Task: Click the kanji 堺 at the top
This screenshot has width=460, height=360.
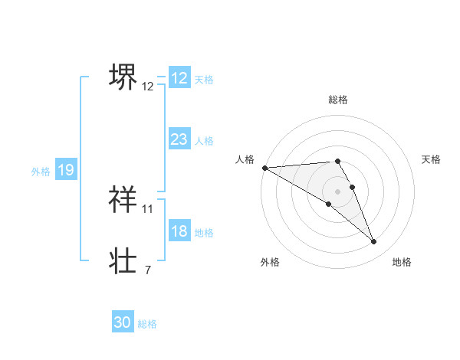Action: tap(123, 76)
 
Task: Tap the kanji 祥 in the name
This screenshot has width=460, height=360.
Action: tap(123, 198)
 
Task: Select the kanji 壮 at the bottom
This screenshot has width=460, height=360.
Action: tap(123, 260)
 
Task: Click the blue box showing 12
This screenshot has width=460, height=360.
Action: tap(179, 78)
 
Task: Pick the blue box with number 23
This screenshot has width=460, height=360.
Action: tap(179, 139)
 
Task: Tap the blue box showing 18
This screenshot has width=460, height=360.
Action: tap(179, 231)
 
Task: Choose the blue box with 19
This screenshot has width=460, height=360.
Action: tap(66, 170)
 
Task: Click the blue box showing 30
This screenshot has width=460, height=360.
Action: tap(123, 322)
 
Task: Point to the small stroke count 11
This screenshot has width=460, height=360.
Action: tap(148, 208)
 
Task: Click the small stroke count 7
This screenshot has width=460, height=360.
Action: tap(147, 270)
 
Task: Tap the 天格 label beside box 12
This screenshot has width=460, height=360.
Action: tap(204, 80)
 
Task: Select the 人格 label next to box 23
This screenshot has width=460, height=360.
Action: tap(204, 141)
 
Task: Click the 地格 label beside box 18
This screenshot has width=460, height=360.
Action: tap(204, 233)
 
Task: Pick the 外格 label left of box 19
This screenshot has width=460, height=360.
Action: tap(41, 172)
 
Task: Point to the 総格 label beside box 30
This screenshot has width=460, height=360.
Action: tap(147, 324)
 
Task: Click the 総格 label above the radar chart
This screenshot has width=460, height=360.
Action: tap(337, 100)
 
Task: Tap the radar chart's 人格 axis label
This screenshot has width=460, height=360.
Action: tap(245, 159)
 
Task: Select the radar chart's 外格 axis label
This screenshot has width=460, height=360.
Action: tap(270, 262)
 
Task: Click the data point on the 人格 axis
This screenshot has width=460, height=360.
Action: tap(264, 167)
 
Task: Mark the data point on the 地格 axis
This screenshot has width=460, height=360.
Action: tap(374, 242)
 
